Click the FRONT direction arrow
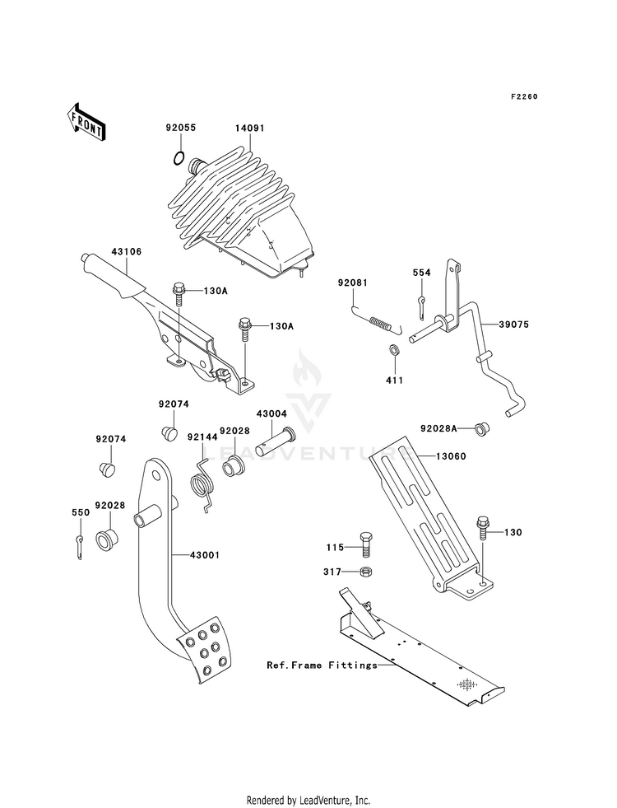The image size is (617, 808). (x=86, y=121)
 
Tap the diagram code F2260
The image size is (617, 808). (x=524, y=96)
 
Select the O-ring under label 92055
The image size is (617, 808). (x=178, y=159)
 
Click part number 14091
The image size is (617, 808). (x=249, y=128)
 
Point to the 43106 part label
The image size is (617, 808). (x=127, y=251)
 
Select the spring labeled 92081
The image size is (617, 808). (x=377, y=320)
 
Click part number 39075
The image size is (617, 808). (x=513, y=325)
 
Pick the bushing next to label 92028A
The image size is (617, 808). (x=481, y=427)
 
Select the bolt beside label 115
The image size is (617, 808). (x=364, y=544)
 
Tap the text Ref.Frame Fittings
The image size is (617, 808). (x=322, y=666)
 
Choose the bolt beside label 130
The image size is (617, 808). (x=482, y=528)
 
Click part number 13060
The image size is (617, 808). (x=451, y=456)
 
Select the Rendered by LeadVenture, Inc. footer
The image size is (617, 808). (x=308, y=800)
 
